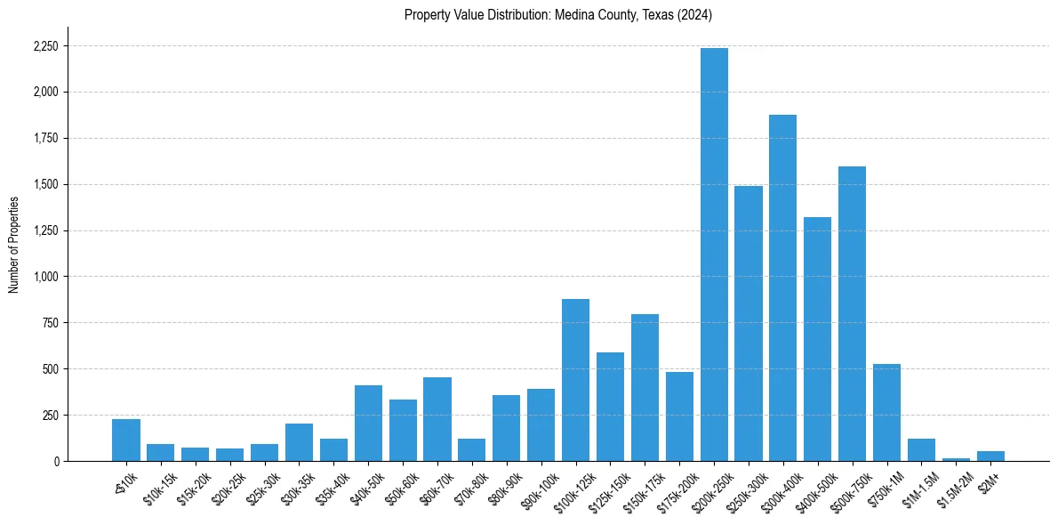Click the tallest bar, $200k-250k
point(714,254)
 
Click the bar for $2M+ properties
point(990,456)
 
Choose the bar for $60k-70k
point(437,419)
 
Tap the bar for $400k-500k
point(817,339)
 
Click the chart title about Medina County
point(558,15)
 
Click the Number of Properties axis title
point(14,245)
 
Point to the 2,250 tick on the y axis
point(44,46)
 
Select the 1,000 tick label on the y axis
point(44,277)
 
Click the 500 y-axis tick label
point(50,369)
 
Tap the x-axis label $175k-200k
point(681,488)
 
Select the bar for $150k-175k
point(645,387)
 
